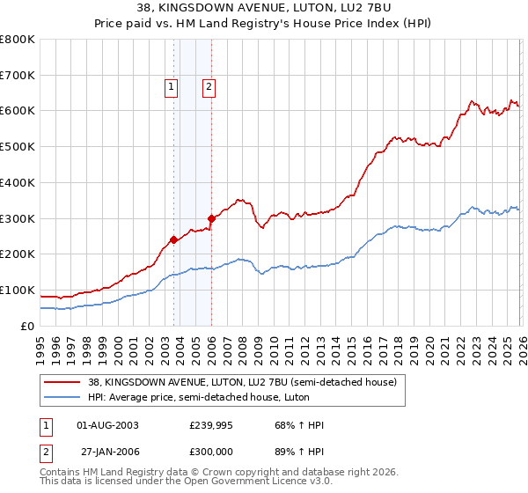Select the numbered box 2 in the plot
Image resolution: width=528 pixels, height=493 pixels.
209,86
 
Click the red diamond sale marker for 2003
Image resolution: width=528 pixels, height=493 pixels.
173,239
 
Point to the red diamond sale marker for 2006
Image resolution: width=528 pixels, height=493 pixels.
211,217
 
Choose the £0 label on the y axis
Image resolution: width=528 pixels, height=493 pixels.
28,326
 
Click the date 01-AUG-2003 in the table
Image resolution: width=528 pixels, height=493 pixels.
108,425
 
